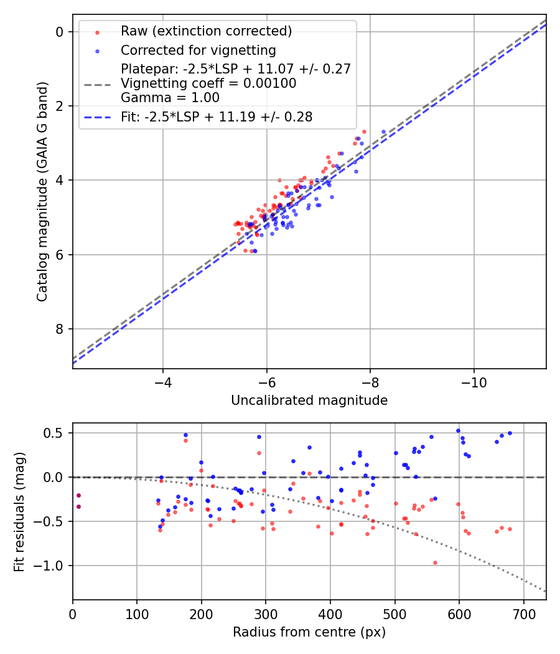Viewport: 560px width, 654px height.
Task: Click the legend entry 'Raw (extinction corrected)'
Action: pyautogui.click(x=206, y=31)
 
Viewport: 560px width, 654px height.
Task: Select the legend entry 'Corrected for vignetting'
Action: pyautogui.click(x=198, y=50)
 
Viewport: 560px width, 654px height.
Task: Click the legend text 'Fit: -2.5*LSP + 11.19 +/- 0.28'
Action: pyautogui.click(x=217, y=116)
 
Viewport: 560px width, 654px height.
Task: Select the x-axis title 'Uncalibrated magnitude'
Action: pyautogui.click(x=309, y=400)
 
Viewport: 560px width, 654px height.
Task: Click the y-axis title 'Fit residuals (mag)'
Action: pyautogui.click(x=19, y=511)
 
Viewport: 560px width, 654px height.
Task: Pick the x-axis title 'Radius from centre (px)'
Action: pyautogui.click(x=309, y=632)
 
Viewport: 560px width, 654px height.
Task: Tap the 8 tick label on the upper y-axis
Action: pyautogui.click(x=60, y=329)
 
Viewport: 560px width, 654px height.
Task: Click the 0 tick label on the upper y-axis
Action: pyautogui.click(x=60, y=32)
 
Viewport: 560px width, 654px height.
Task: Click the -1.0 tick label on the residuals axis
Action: pyautogui.click(x=53, y=566)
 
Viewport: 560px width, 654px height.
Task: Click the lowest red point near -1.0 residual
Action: pyautogui.click(x=435, y=562)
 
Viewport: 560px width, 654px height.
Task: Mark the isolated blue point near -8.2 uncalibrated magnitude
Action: pyautogui.click(x=383, y=131)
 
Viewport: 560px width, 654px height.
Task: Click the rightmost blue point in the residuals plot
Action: pyautogui.click(x=510, y=433)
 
